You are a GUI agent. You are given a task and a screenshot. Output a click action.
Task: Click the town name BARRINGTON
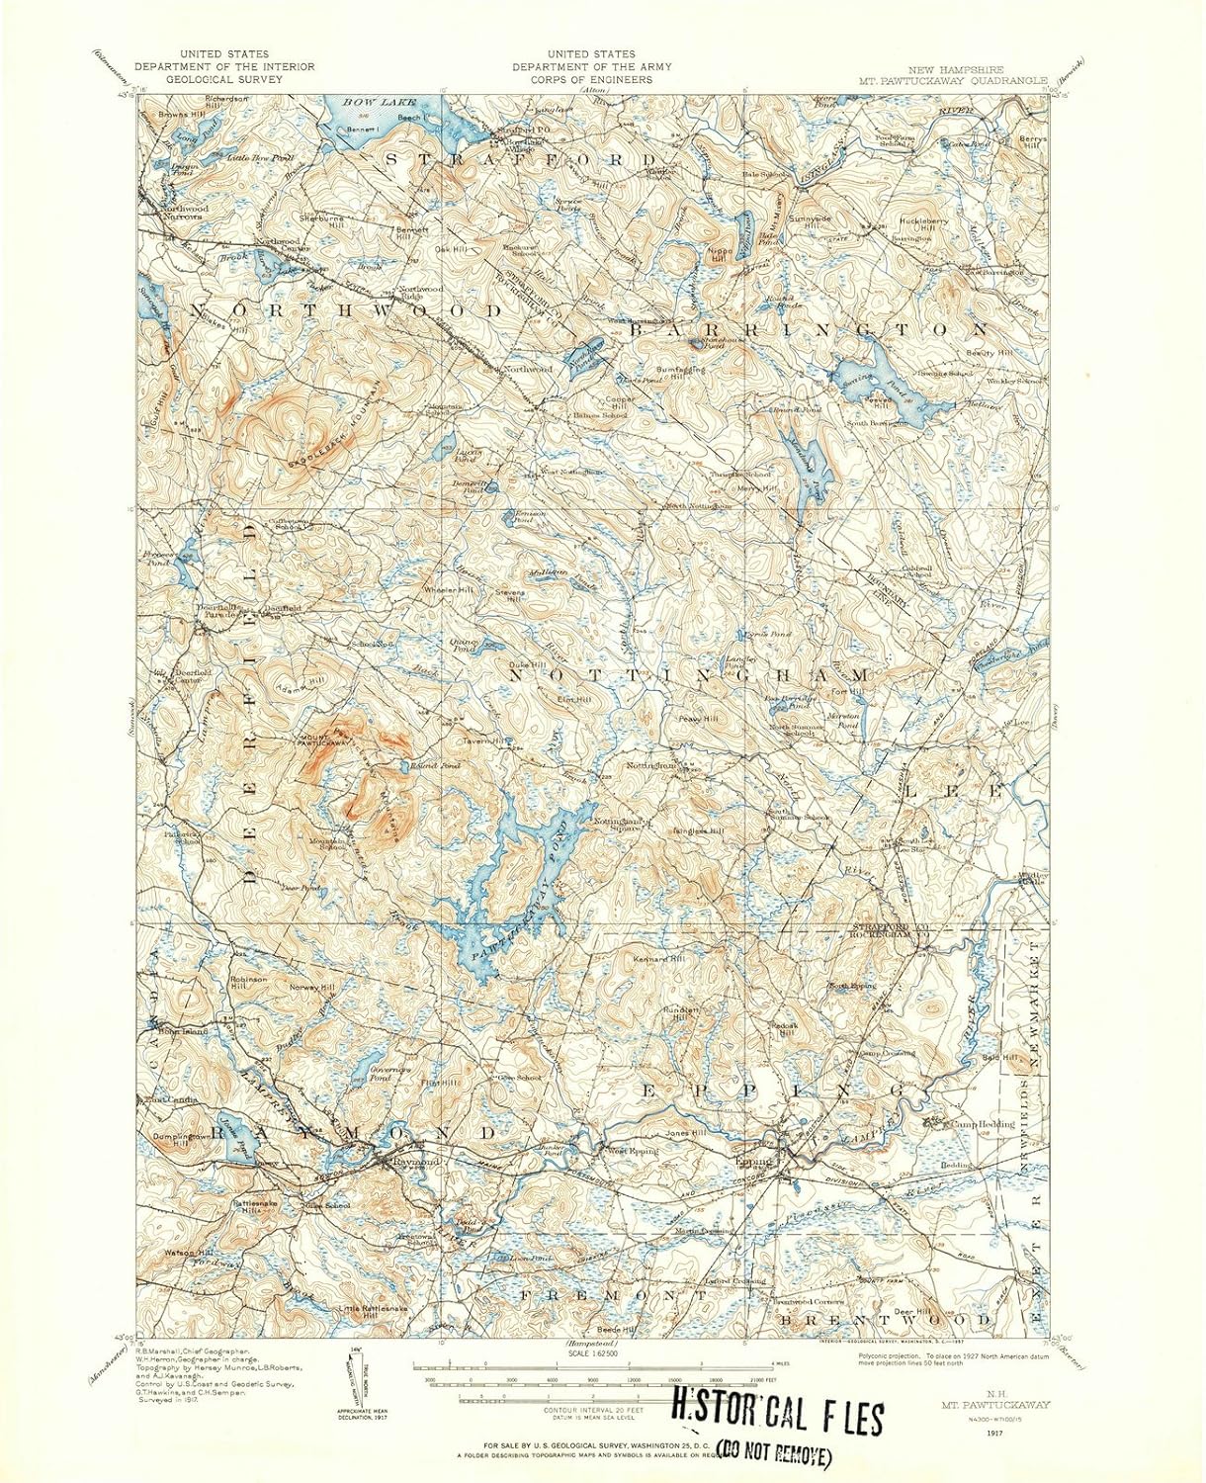pos(809,329)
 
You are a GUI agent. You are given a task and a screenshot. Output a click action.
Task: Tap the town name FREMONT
pos(613,1294)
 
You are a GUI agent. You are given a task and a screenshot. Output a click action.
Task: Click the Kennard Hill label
pos(658,959)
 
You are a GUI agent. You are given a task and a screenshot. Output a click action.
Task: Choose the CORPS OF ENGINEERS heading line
pos(591,79)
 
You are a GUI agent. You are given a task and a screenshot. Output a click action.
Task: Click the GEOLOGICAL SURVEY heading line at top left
pos(224,79)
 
